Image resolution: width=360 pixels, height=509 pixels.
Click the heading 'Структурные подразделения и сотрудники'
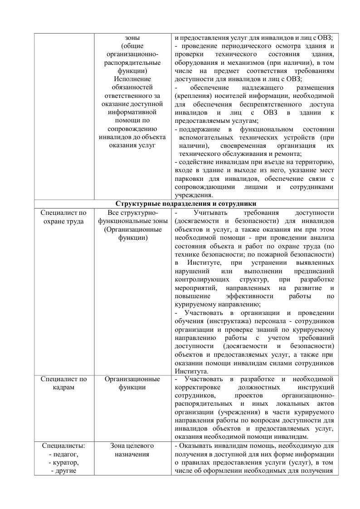tap(186, 204)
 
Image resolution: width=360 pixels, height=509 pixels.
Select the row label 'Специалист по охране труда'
tap(63, 217)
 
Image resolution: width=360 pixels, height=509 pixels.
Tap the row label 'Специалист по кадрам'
tap(63, 383)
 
